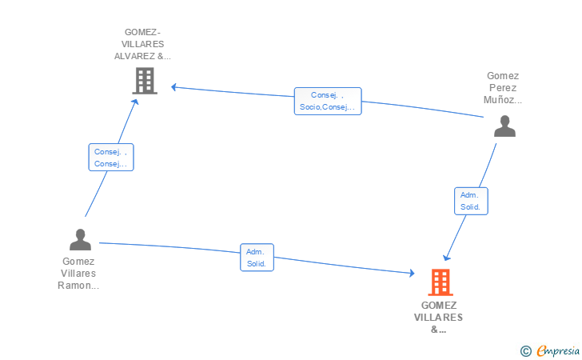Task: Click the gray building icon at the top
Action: coord(144,81)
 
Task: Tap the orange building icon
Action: coord(440,282)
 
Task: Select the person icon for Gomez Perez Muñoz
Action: coord(504,126)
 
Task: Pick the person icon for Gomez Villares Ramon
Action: coord(80,240)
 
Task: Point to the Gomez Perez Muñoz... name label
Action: coord(503,88)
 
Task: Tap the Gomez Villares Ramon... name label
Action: coord(78,273)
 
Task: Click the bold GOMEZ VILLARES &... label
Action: coord(438,317)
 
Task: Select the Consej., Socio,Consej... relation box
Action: coord(327,101)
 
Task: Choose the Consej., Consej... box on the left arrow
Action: coord(110,158)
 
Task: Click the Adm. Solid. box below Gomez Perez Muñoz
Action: coord(470,201)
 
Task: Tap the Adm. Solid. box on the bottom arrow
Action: coord(257,258)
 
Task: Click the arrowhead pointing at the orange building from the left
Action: coord(412,274)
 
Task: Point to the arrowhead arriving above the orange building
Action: coord(447,257)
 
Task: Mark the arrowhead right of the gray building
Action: coord(174,86)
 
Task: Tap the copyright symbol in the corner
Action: coord(525,350)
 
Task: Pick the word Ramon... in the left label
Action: coord(78,285)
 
